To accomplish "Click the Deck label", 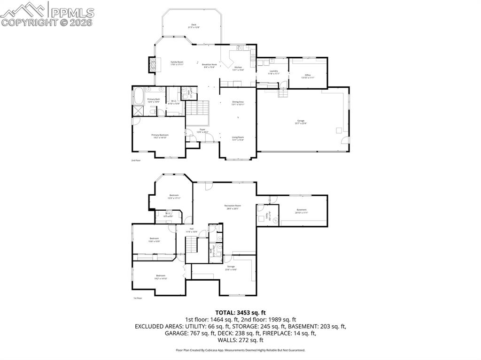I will [194, 26].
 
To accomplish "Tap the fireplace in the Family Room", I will [151, 64].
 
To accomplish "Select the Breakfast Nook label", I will [209, 66].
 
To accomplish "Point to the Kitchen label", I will [239, 68].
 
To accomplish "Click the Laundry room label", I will [273, 72].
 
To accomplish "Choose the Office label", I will [308, 76].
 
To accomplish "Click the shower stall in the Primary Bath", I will [138, 111].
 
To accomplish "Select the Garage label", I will [301, 122].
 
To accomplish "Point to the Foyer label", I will [202, 130].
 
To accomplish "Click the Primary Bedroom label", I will [160, 136].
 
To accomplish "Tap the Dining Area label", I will [238, 103].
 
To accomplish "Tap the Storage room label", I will [230, 268].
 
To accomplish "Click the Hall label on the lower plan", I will [191, 230].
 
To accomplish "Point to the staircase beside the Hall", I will [191, 245].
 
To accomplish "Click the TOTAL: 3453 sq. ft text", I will [240, 312].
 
